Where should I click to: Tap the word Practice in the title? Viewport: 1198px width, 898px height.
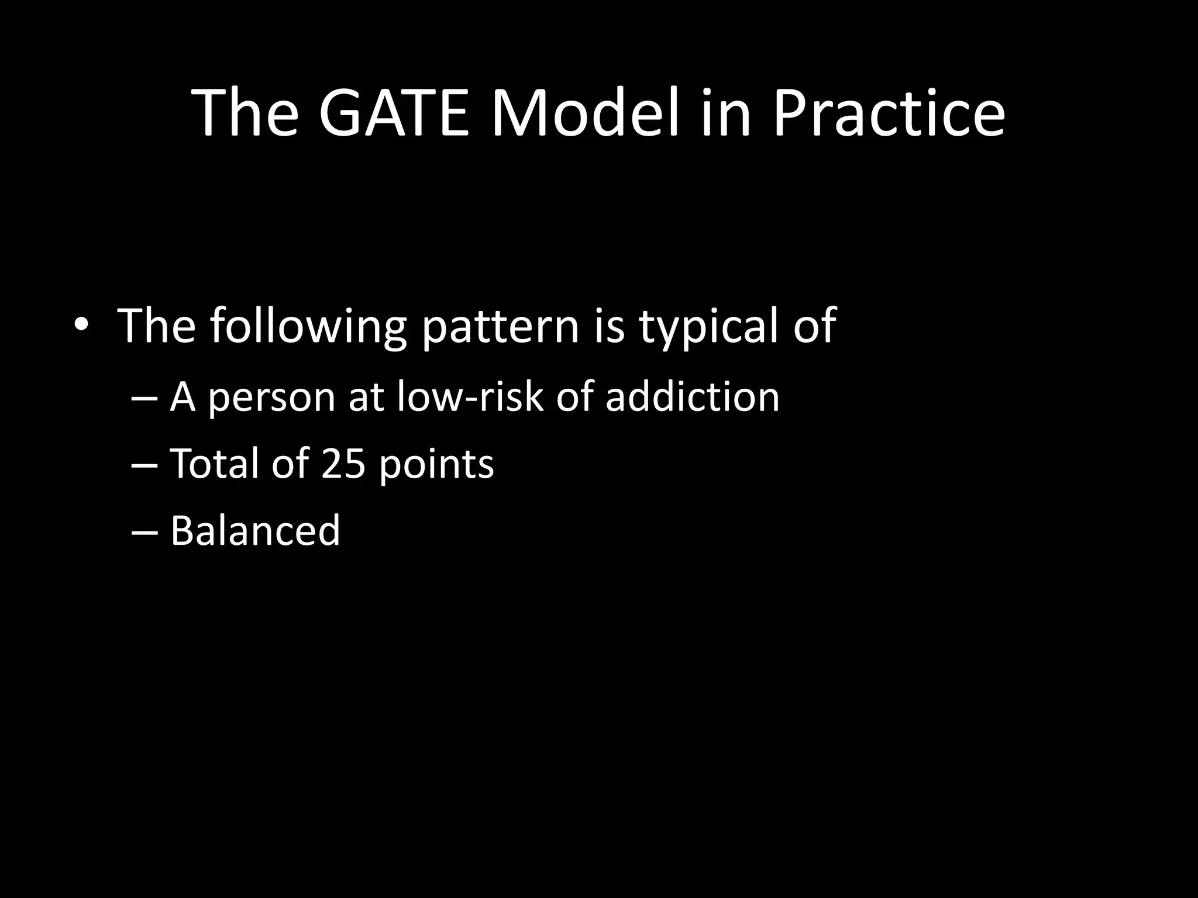pyautogui.click(x=889, y=112)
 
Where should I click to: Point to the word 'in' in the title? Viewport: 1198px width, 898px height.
pyautogui.click(x=725, y=112)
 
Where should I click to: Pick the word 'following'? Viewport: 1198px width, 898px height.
pyautogui.click(x=308, y=326)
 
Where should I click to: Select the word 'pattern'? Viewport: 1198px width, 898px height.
pyautogui.click(x=500, y=326)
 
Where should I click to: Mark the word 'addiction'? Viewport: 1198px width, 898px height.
pyautogui.click(x=692, y=396)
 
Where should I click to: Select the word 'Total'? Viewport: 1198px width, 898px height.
pyautogui.click(x=214, y=464)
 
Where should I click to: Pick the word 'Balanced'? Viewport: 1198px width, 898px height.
pyautogui.click(x=255, y=530)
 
